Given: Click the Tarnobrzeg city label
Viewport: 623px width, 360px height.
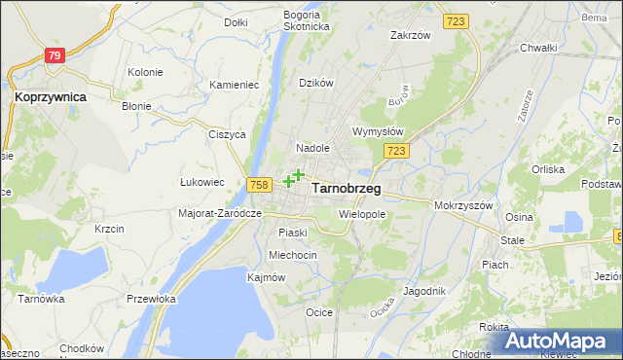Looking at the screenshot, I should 347,189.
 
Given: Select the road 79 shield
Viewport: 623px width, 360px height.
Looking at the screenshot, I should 55,56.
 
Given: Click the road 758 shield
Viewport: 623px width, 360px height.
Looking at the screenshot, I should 259,185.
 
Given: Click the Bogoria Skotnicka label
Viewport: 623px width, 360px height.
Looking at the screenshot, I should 307,20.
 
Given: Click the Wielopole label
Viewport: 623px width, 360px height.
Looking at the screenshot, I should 362,213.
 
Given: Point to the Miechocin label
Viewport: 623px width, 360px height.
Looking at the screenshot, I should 293,255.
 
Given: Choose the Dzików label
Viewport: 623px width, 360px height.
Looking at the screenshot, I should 316,84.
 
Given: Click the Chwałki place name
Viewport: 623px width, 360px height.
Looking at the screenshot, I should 538,48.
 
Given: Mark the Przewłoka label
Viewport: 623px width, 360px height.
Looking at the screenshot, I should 150,300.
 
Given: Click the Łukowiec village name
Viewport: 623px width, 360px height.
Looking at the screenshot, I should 202,182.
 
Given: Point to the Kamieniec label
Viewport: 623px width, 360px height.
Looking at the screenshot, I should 234,86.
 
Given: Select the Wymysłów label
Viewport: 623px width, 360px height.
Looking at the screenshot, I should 378,131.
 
